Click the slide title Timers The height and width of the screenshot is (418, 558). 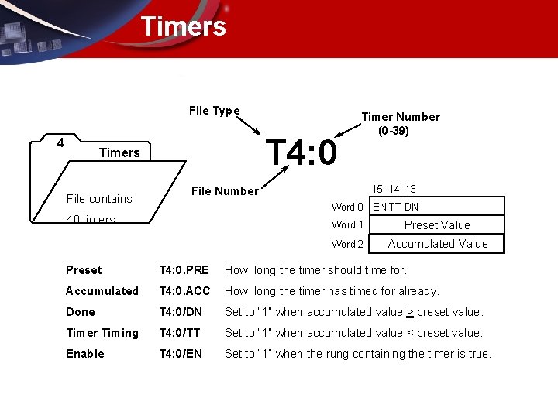(x=183, y=26)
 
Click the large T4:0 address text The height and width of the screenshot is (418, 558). (x=301, y=152)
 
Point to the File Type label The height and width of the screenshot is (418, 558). (x=214, y=111)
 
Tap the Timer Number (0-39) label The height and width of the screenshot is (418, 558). (x=400, y=123)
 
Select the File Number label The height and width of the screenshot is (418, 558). (x=225, y=191)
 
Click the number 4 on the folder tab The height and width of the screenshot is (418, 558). (x=60, y=142)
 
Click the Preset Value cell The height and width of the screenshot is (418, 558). (x=437, y=225)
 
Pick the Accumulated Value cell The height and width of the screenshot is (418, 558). (x=437, y=244)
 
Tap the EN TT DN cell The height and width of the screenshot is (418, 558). (x=396, y=207)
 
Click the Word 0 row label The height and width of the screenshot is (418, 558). (x=347, y=207)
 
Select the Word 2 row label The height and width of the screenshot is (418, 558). (x=347, y=244)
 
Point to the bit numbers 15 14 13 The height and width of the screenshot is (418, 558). (x=394, y=189)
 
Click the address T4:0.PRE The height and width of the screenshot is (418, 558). (x=184, y=270)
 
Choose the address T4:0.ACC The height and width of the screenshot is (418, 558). (x=184, y=291)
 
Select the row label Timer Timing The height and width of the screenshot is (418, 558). (x=102, y=333)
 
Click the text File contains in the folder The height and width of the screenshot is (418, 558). (x=99, y=199)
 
